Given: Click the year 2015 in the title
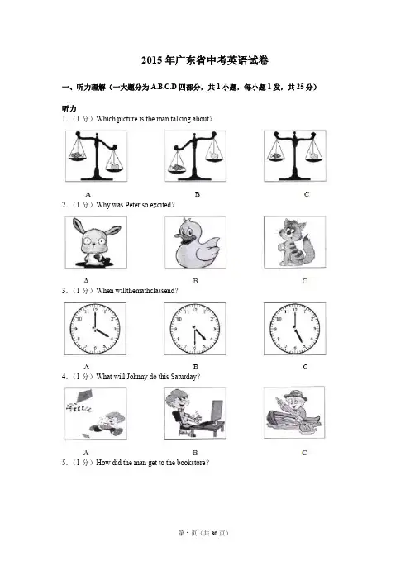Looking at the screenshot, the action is click(x=152, y=60).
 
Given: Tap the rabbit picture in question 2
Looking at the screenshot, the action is click(x=96, y=242).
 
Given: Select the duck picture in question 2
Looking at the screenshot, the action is click(x=195, y=242).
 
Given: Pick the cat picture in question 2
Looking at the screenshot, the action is click(x=295, y=241).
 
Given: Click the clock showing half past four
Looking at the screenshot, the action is click(x=195, y=329).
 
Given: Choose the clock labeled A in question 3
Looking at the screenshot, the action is click(x=95, y=329).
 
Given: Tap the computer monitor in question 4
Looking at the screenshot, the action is click(x=217, y=411).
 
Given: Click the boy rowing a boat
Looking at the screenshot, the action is click(x=294, y=412).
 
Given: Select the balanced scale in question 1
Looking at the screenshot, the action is click(x=295, y=155).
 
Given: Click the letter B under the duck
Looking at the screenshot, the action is click(x=195, y=281).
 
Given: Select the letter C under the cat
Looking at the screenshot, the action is click(x=304, y=281).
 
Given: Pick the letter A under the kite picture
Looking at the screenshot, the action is click(x=86, y=453).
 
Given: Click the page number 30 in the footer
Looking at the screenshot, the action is click(x=214, y=533).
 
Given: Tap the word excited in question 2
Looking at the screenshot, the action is click(x=160, y=205).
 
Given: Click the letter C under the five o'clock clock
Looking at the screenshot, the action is click(x=305, y=367).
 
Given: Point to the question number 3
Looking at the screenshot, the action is click(x=64, y=291).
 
